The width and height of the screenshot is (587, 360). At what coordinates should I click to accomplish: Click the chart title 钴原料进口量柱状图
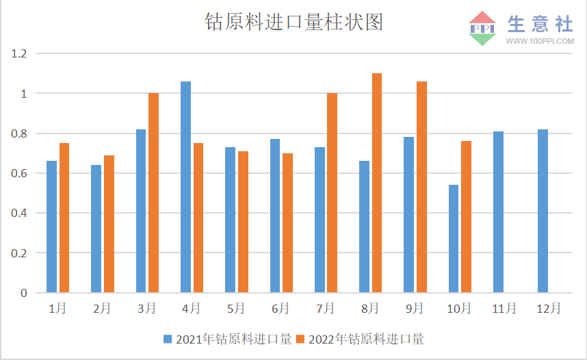click(293, 22)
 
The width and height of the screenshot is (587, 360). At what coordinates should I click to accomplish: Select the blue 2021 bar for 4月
click(185, 187)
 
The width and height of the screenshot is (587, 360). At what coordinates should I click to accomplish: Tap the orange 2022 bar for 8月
click(377, 183)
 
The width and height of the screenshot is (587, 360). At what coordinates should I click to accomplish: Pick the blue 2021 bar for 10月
click(454, 239)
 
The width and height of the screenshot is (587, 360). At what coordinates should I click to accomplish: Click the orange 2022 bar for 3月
click(153, 193)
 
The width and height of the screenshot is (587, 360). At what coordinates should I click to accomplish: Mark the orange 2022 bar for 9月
click(421, 187)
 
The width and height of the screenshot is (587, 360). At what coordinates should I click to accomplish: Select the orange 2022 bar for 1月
click(64, 218)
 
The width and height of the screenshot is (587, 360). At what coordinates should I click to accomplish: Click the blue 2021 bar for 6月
click(275, 216)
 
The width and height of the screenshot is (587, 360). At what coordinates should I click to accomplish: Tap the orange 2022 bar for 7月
click(332, 193)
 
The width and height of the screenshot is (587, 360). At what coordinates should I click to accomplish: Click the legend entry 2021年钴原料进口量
click(228, 339)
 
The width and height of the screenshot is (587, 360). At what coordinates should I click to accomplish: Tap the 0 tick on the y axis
click(24, 293)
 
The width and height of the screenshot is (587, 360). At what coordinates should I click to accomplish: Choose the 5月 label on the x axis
click(236, 309)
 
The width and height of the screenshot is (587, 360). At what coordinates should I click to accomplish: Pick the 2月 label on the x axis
click(102, 309)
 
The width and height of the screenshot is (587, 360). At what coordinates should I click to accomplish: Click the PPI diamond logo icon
click(482, 28)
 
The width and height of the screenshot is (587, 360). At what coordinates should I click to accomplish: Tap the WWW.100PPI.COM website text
click(540, 42)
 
